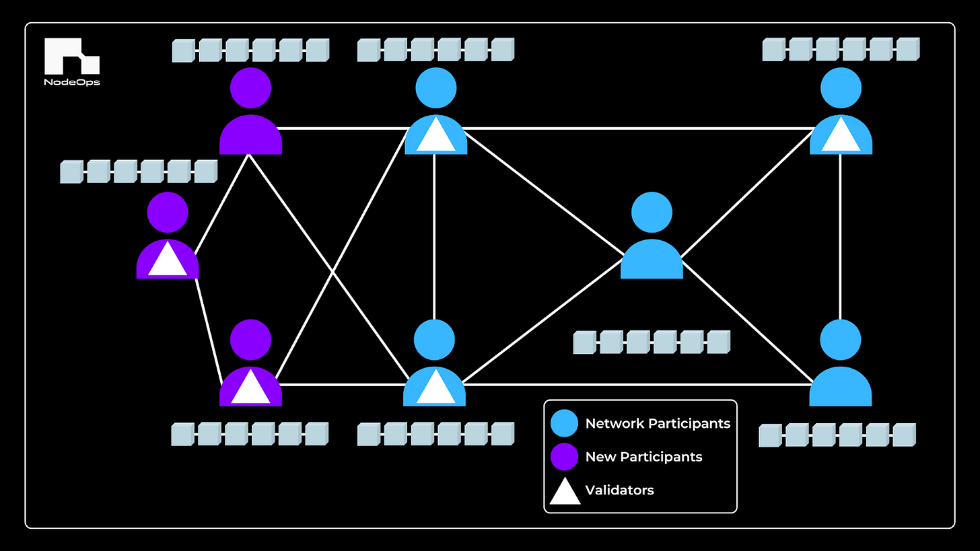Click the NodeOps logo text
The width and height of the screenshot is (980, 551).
72,83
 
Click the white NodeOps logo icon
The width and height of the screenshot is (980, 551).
71,56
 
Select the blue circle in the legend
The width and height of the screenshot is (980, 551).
564,424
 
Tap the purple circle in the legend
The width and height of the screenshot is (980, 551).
564,457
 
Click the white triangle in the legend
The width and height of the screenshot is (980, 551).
565,491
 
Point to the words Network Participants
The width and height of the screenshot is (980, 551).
658,424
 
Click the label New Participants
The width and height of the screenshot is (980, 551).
643,457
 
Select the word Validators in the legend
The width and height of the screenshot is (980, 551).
619,490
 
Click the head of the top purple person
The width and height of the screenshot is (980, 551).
250,87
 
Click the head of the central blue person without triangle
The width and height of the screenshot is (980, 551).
652,213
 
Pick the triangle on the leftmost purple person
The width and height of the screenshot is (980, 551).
168,261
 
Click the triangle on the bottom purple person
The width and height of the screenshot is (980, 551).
250,388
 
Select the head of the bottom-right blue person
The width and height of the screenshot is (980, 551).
840,340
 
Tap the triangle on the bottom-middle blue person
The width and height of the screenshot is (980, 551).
435,389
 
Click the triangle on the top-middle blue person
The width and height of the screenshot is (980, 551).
435,137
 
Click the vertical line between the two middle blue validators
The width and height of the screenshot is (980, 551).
435,235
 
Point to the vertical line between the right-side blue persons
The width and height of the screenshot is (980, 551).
841,235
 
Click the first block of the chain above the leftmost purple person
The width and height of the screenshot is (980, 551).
71,172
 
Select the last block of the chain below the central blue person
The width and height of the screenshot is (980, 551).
718,342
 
